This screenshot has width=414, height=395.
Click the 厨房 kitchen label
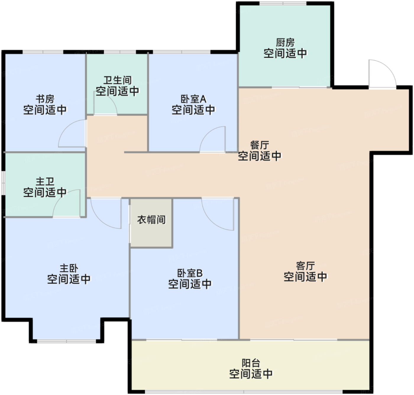point(285,43)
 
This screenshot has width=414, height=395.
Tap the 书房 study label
point(45,99)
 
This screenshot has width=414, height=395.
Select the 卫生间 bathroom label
point(117,80)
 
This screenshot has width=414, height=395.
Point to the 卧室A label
point(193,99)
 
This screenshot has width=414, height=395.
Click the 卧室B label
point(190,273)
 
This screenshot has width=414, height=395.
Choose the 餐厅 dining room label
point(259,145)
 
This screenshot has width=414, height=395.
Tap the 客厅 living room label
point(305,266)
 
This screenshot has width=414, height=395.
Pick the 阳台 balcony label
point(251,363)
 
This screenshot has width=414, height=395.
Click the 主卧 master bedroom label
point(69,268)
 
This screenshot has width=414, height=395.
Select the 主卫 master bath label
point(45,181)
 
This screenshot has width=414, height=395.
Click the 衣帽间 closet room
point(151,220)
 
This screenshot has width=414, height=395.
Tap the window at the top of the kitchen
point(283,4)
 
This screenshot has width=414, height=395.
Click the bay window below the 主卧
point(67,341)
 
